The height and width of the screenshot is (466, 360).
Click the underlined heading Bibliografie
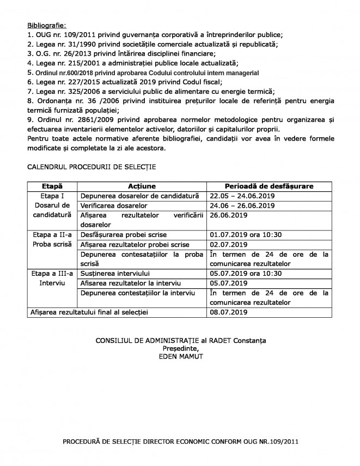(x=46, y=25)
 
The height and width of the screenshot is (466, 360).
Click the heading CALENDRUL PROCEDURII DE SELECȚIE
(x=94, y=164)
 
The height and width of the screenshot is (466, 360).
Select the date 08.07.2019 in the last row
(x=229, y=313)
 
